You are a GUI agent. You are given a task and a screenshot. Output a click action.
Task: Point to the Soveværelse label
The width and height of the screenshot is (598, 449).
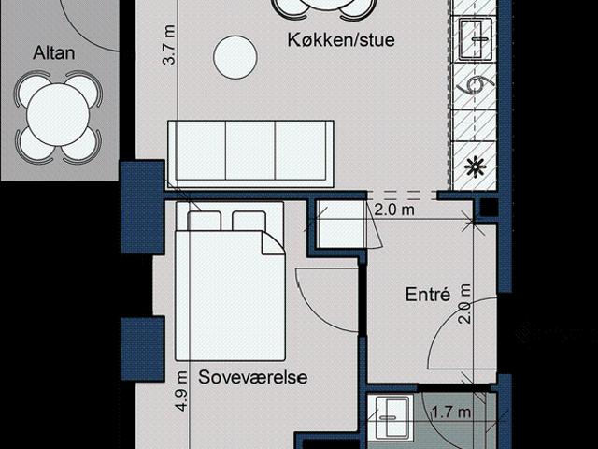(x=253, y=378)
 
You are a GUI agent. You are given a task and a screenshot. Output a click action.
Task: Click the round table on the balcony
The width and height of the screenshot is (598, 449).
(x=57, y=116)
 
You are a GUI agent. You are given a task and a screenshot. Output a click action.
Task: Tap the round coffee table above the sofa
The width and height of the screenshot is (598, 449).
(x=235, y=57)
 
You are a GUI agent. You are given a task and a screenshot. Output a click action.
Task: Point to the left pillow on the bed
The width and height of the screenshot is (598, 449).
(x=205, y=222)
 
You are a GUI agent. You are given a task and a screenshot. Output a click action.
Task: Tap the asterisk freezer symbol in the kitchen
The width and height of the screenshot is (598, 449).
(x=475, y=168)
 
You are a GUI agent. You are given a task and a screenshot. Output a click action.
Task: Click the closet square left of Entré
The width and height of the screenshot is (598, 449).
(x=338, y=225)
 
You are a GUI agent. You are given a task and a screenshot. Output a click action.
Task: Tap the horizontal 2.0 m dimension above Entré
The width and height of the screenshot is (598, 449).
(x=393, y=210)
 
